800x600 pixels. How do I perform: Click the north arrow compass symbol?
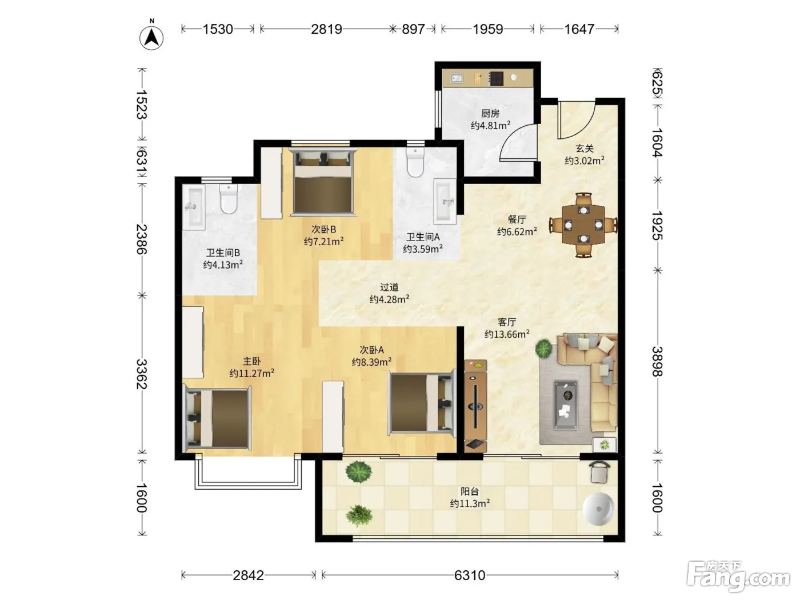pyautogui.click(x=151, y=38)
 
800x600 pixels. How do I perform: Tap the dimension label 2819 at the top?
pyautogui.click(x=326, y=29)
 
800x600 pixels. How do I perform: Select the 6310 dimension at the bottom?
pyautogui.click(x=470, y=575)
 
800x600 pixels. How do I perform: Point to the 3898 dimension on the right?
pyautogui.click(x=657, y=361)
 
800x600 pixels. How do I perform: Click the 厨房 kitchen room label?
pyautogui.click(x=490, y=114)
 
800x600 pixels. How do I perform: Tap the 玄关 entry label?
pyautogui.click(x=585, y=148)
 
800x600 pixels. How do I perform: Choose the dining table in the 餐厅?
pyautogui.click(x=583, y=225)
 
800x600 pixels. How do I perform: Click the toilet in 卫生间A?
pyautogui.click(x=415, y=162)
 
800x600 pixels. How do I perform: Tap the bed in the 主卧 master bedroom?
pyautogui.click(x=218, y=418)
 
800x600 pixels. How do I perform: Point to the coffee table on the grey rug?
pyautogui.click(x=566, y=405)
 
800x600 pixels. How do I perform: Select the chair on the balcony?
pyautogui.click(x=599, y=471)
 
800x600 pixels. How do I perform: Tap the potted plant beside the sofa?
pyautogui.click(x=544, y=348)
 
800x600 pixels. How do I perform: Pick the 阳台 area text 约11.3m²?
pyautogui.click(x=470, y=503)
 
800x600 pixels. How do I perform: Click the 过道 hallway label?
pyautogui.click(x=389, y=287)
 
